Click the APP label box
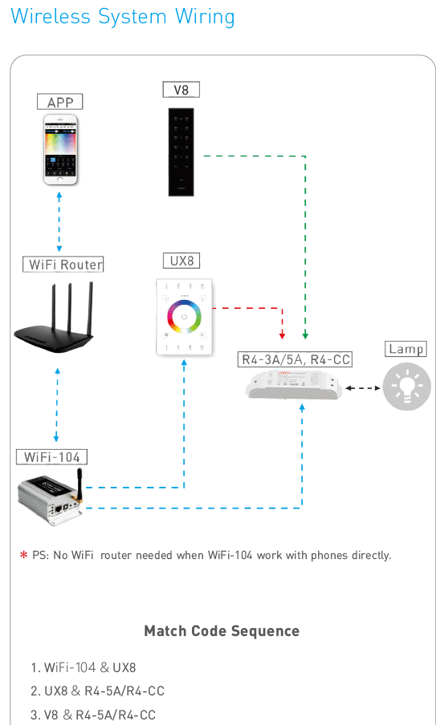pos(59,102)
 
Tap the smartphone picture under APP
pos(60,150)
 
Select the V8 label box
pos(181,90)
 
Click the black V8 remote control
pos(181,152)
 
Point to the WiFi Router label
pos(63,265)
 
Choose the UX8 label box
pos(181,261)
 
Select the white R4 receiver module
pos(295,384)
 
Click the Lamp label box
pos(406,349)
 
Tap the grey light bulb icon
pos(407,387)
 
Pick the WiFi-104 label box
pos(52,457)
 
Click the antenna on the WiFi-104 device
pos(79,486)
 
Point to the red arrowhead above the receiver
pos(283,336)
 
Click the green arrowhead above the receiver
pos(305,336)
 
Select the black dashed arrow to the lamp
pos(363,388)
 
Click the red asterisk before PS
pos(23,555)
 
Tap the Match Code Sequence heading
pos(222,630)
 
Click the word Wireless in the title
pos(50,17)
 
